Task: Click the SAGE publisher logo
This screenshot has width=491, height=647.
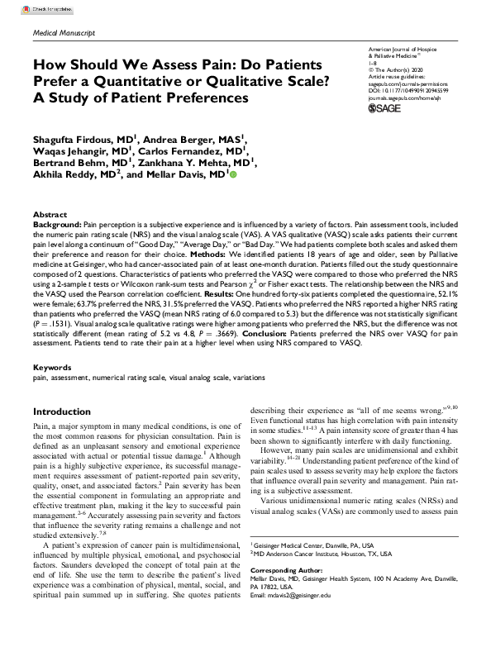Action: pos(385,108)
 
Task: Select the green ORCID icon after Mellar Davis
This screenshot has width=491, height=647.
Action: pos(233,175)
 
